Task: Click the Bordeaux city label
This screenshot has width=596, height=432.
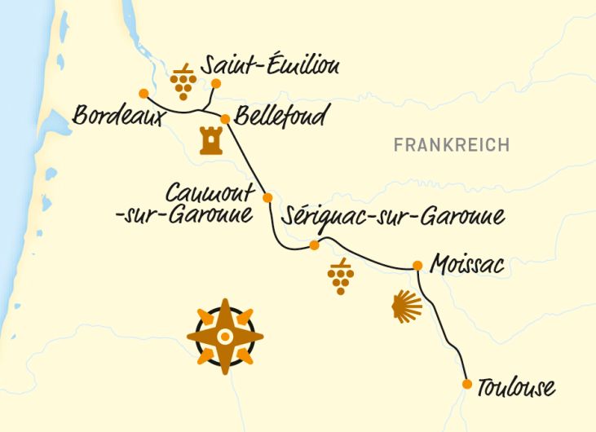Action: [119, 116]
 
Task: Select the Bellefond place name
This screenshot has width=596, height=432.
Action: [280, 116]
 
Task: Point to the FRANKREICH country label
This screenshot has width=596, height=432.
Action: [451, 145]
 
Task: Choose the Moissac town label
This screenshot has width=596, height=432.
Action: [468, 265]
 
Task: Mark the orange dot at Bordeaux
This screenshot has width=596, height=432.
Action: [143, 92]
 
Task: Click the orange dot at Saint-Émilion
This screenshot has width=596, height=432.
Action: [216, 83]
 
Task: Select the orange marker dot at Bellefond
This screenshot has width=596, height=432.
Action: [225, 118]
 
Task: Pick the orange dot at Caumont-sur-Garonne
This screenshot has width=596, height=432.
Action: [267, 198]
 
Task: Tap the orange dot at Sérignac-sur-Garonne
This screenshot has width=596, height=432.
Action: [314, 245]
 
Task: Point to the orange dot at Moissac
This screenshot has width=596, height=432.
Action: [417, 265]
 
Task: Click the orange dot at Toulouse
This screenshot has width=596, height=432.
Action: [467, 384]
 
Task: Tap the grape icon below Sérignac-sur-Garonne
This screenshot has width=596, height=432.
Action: [340, 277]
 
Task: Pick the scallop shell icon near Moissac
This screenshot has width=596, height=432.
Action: [407, 307]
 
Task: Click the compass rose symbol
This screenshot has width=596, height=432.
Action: [225, 337]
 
